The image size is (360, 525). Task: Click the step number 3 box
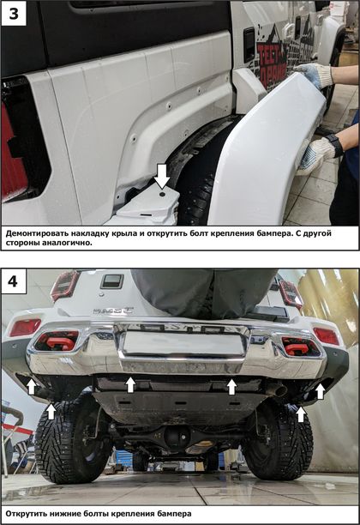click(14, 14)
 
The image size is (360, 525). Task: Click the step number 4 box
click(14, 281)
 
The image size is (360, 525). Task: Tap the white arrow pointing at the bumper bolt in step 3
click(162, 176)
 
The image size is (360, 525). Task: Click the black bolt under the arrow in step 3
click(162, 194)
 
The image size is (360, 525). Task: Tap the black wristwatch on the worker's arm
click(334, 144)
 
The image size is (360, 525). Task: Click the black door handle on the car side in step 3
click(249, 45)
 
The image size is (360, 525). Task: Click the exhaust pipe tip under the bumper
click(279, 390)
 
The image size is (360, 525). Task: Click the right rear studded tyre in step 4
click(279, 442)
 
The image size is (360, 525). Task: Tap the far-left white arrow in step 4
click(32, 386)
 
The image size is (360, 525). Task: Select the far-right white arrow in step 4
click(321, 391)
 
